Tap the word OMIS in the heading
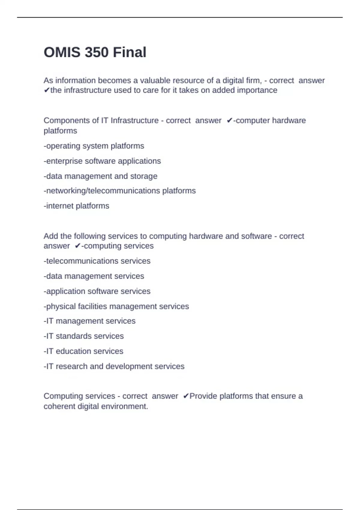(x=62, y=52)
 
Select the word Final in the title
(x=130, y=52)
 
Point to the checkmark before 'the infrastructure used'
(x=46, y=90)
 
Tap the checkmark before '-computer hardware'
(x=229, y=121)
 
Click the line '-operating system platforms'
(x=94, y=146)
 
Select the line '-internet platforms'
(x=76, y=206)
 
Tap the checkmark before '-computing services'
(x=78, y=246)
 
